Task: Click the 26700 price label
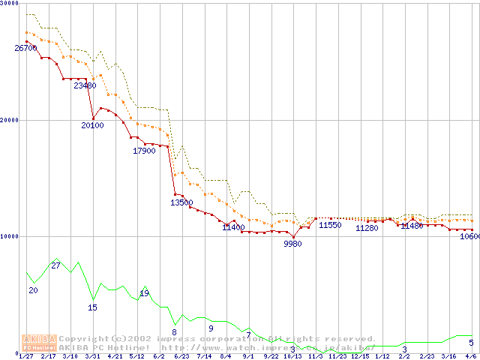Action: tap(25, 48)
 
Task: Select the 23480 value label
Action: tap(85, 85)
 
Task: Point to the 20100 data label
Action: tap(93, 125)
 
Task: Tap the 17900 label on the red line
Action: tap(144, 151)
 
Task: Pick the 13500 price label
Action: tap(181, 202)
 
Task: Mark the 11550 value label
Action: tap(330, 225)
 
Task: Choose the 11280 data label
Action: tap(367, 228)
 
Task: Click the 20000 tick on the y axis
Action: tap(10, 120)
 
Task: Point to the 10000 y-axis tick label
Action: tap(10, 236)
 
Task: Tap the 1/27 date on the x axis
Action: tap(26, 356)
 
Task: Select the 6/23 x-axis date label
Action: tap(181, 356)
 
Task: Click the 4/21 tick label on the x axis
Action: tap(115, 356)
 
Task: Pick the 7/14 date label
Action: tap(204, 356)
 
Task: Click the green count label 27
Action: tap(55, 266)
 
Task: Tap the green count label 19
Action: tap(144, 293)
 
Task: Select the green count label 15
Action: tap(93, 307)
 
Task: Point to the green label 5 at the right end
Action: tap(471, 343)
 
